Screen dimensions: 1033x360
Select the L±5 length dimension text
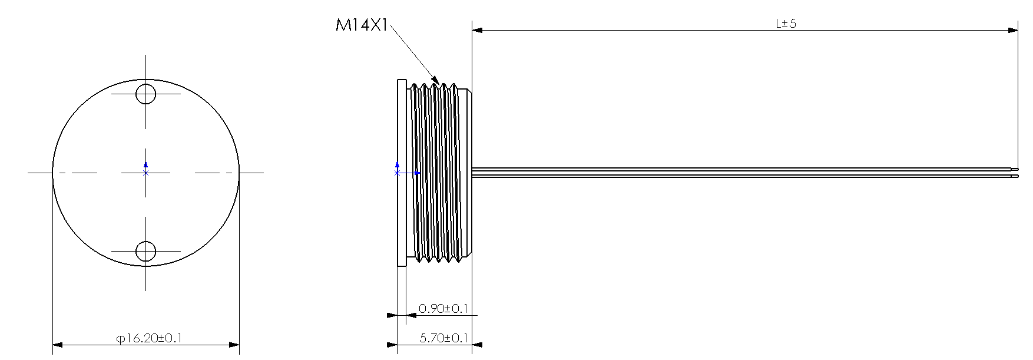point(786,24)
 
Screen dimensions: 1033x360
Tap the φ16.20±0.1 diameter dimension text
point(149,338)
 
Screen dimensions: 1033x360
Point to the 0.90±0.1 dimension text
point(443,308)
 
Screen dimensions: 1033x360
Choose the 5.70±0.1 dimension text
point(443,338)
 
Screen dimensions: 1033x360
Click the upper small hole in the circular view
point(145,94)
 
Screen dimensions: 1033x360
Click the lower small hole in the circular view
point(145,252)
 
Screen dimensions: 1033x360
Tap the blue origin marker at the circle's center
point(146,170)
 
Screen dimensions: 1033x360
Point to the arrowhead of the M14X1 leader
point(437,80)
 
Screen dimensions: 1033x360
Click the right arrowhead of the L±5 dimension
point(1012,29)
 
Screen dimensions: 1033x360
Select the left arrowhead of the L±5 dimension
point(478,29)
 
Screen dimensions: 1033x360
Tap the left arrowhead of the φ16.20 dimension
point(58,345)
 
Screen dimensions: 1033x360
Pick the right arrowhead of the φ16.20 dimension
point(234,345)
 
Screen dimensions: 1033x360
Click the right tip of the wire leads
point(1018,173)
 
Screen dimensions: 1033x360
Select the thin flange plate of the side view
point(402,173)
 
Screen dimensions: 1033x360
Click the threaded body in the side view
point(439,173)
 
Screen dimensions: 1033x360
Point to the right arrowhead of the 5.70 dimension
point(478,345)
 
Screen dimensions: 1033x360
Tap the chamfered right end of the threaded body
point(467,173)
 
